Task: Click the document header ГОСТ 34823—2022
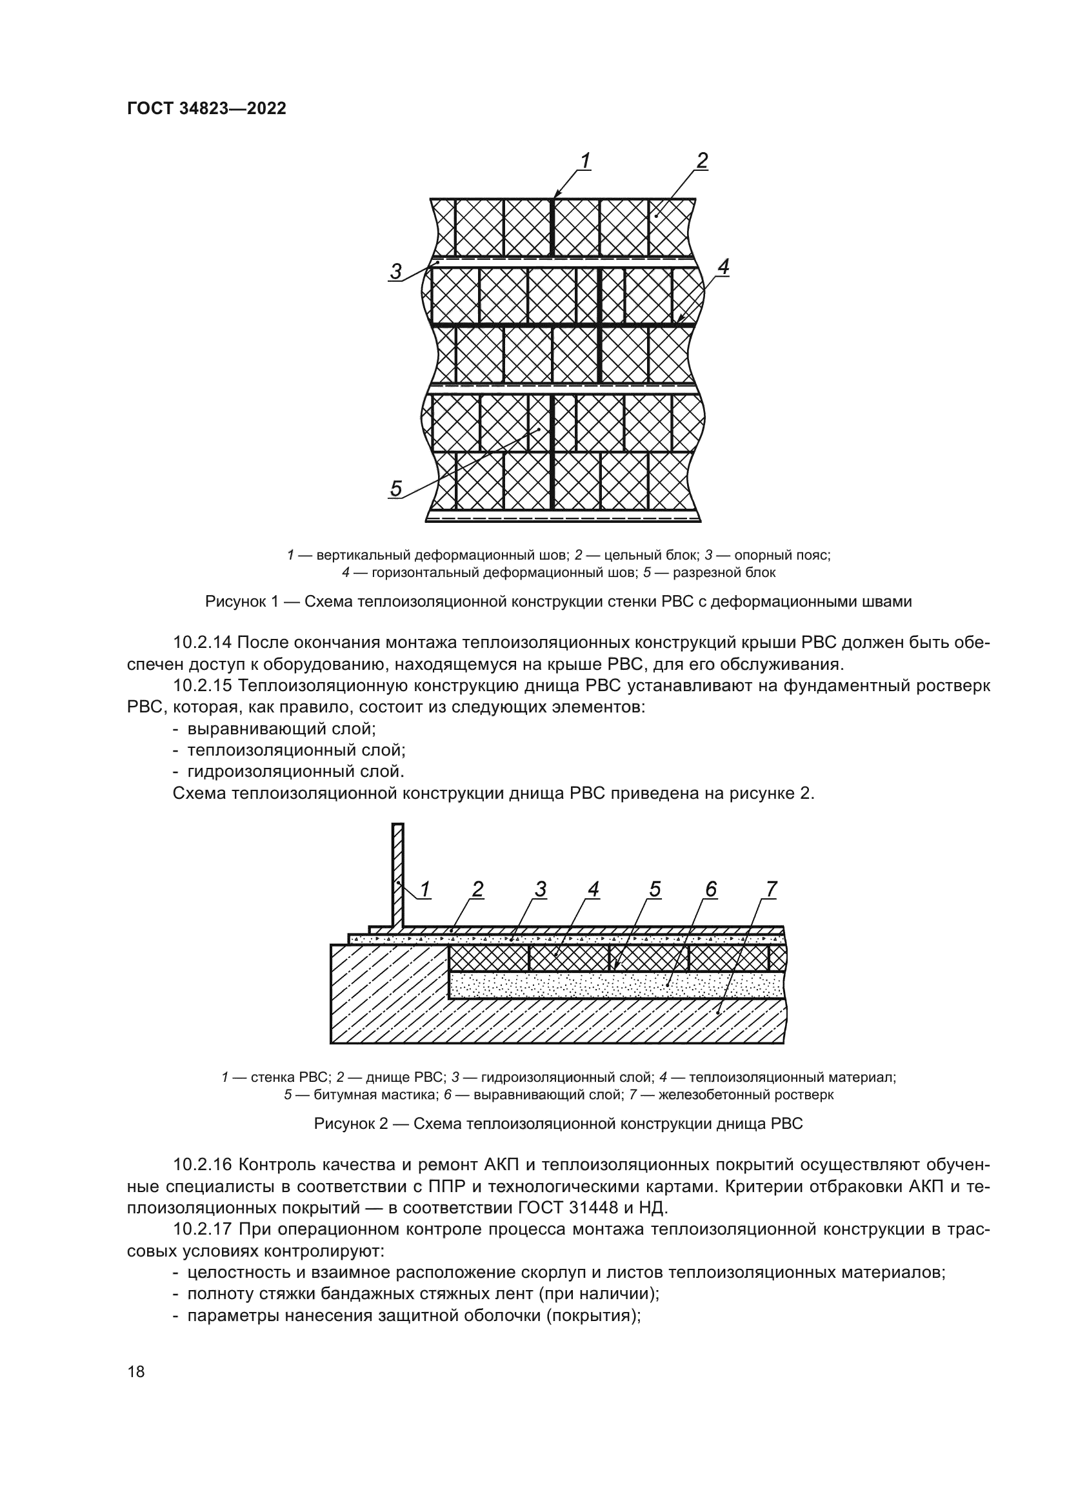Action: (x=206, y=108)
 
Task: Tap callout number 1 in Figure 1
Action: (x=584, y=161)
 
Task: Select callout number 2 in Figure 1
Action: (x=702, y=161)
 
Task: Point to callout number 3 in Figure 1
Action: (x=395, y=271)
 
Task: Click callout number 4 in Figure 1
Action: (x=723, y=268)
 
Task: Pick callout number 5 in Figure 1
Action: (x=395, y=488)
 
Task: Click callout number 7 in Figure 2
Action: (x=771, y=889)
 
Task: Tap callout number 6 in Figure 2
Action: (x=711, y=889)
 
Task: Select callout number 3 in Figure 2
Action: (x=540, y=889)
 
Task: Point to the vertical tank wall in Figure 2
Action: (x=397, y=874)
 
